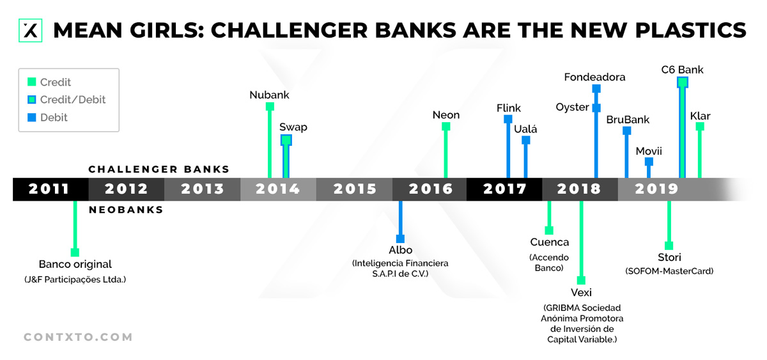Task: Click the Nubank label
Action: click(x=269, y=95)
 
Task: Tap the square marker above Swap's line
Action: click(x=286, y=140)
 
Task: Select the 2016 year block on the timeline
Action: click(x=430, y=189)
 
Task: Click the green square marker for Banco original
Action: click(x=75, y=252)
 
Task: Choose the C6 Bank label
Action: click(x=682, y=69)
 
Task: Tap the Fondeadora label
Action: click(x=594, y=77)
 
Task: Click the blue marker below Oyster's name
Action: click(x=596, y=108)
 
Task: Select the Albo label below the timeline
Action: click(x=400, y=250)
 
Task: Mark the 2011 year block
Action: click(x=50, y=189)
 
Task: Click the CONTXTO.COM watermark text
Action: click(x=78, y=337)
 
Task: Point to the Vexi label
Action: click(x=581, y=292)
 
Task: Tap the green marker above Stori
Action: click(x=669, y=246)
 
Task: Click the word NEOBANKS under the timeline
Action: click(x=126, y=210)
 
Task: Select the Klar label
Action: click(x=700, y=116)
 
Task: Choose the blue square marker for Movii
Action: click(x=649, y=162)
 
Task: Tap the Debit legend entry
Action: click(x=54, y=118)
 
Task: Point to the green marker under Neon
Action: click(x=446, y=127)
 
